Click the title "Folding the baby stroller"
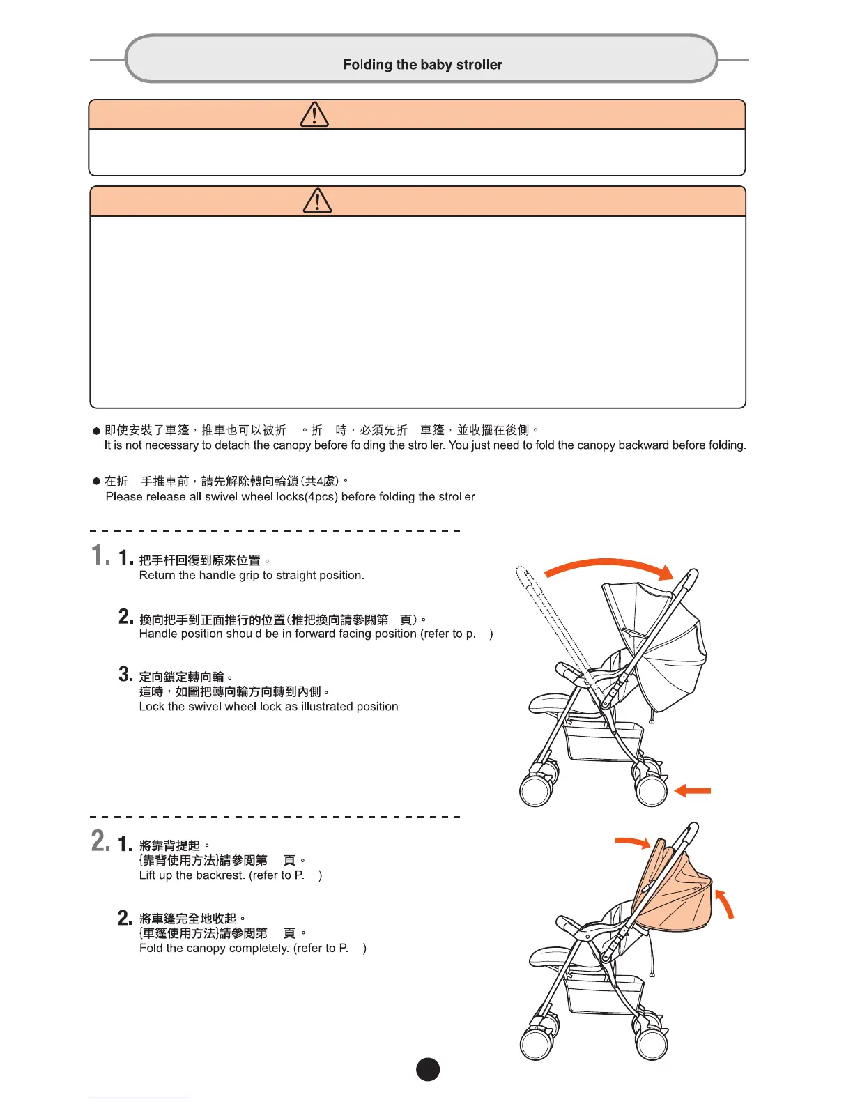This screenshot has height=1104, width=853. coord(422,65)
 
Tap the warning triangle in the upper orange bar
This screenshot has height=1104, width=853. coord(314,114)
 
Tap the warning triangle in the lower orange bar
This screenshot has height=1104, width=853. coord(317,201)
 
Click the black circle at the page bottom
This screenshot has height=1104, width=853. coord(428,1069)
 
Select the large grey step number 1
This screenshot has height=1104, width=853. coord(100,555)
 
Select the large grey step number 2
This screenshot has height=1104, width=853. coord(100,841)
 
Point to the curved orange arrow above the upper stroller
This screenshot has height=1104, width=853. coord(609,568)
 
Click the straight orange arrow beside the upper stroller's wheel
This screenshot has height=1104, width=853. coord(693,790)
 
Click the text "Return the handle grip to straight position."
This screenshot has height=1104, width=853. coord(252,575)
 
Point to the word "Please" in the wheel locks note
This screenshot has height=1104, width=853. coord(123,497)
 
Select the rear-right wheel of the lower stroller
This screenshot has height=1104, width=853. coord(652,1043)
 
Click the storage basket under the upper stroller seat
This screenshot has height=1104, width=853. coord(603,739)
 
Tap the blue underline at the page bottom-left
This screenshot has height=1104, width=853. coord(137,1098)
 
